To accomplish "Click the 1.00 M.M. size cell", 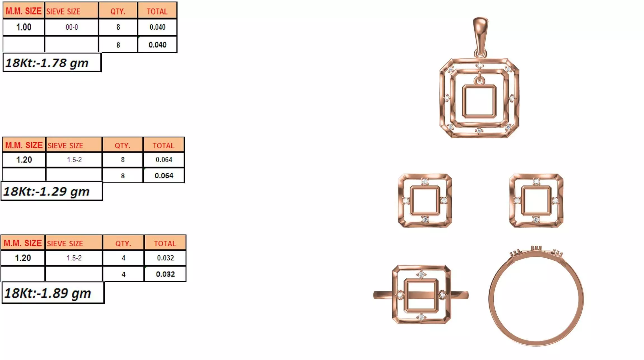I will (x=24, y=27).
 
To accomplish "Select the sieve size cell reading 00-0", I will (x=72, y=27).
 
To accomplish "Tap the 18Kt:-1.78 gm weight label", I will (x=47, y=63).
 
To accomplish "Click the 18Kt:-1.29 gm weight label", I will (x=46, y=191).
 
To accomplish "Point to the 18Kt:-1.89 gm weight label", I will (x=48, y=293).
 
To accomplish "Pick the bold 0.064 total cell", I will (x=164, y=176).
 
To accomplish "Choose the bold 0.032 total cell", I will (x=165, y=274).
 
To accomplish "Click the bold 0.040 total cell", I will (x=157, y=45).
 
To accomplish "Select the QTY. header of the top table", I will (x=118, y=11).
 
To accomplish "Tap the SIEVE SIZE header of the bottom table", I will (x=65, y=243).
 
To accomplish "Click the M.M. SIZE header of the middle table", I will (x=24, y=145).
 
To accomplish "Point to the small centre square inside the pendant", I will (x=479, y=101).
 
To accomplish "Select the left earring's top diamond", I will (x=425, y=182).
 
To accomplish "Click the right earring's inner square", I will (x=536, y=201).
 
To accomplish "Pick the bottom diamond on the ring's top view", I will (x=421, y=317).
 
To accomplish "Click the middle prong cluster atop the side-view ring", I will (x=536, y=248).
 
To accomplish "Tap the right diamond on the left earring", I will (x=444, y=201).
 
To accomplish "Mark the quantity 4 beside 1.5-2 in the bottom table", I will (x=123, y=258).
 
